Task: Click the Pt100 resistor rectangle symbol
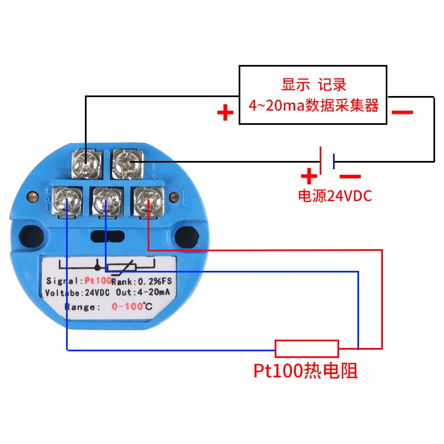(307, 349)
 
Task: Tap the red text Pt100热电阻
(306, 371)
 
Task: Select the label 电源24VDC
(335, 196)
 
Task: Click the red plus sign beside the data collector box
(225, 113)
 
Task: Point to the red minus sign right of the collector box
(402, 113)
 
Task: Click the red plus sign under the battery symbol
(309, 176)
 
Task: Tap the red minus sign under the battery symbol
(350, 176)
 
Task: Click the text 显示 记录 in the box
(314, 84)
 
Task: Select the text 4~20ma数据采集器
(314, 105)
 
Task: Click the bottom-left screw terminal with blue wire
(67, 201)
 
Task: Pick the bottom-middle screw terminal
(107, 201)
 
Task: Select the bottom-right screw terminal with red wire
(148, 201)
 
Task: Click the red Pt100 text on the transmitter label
(98, 281)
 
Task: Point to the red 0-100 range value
(127, 306)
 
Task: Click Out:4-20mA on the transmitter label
(143, 292)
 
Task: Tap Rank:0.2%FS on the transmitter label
(142, 281)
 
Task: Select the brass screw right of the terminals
(174, 196)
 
